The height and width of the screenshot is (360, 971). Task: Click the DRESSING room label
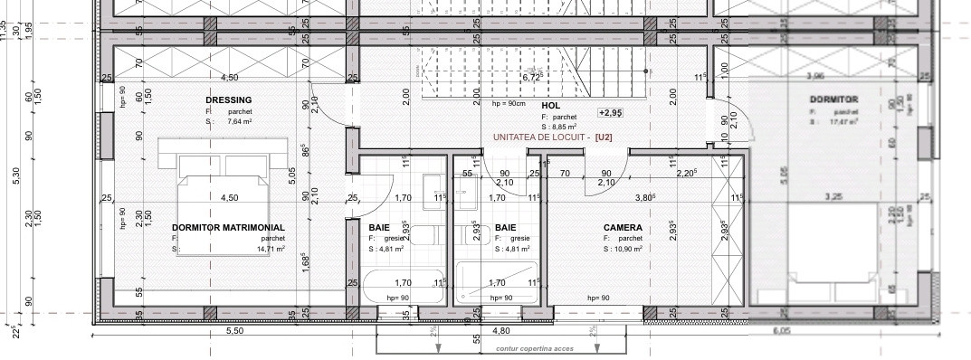point(228,99)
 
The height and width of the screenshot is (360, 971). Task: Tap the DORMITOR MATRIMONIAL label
point(228,228)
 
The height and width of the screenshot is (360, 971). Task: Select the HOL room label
point(551,106)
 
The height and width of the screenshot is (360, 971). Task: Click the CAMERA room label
point(623,228)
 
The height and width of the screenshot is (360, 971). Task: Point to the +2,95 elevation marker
point(610,113)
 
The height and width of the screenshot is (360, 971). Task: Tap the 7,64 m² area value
point(240,121)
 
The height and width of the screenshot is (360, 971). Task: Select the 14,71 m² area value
point(271,249)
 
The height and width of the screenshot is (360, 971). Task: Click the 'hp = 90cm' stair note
point(509,104)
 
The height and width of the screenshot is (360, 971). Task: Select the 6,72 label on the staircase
point(531,78)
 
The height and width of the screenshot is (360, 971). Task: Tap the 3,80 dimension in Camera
point(644,196)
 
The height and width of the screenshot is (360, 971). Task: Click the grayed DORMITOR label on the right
point(834,99)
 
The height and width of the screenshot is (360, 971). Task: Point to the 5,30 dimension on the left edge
point(14,174)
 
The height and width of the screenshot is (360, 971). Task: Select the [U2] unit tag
point(604,137)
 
